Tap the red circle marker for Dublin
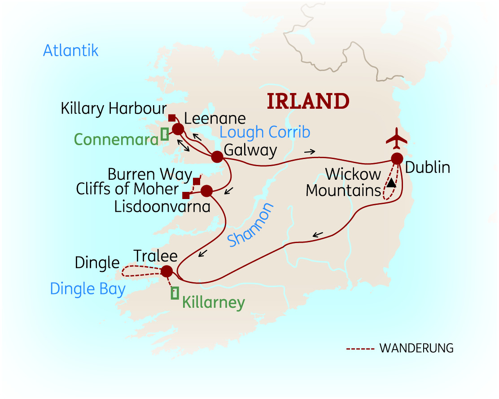coord(397,159)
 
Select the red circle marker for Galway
coord(217,157)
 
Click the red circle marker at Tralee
coord(166,271)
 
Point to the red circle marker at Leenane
coord(178,129)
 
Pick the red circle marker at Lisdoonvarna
coord(206,191)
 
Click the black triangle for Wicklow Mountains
coord(392,183)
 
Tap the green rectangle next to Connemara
coord(165,134)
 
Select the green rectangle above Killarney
coord(175,293)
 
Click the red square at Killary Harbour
coord(172,118)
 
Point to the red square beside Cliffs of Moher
coord(186,195)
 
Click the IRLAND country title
coord(308,102)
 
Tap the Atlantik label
coord(70,50)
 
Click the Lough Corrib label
coord(265,132)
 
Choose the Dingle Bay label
coord(88,288)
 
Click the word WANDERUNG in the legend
coord(416,348)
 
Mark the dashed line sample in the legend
coord(360,349)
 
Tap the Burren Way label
coord(150,174)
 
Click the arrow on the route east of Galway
coord(309,152)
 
